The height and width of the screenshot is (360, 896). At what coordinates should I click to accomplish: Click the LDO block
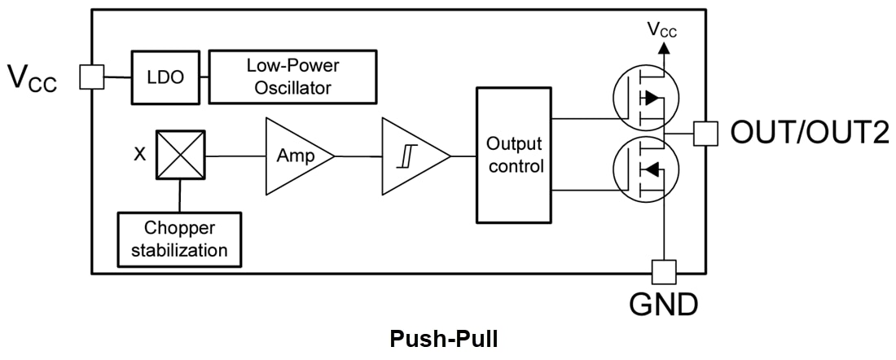(166, 77)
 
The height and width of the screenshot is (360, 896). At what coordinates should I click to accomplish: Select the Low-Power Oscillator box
(292, 77)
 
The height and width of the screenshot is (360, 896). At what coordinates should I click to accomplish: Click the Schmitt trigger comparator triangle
(411, 156)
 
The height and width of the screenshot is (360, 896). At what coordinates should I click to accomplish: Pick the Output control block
(513, 155)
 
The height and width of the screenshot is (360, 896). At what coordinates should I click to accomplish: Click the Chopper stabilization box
(180, 239)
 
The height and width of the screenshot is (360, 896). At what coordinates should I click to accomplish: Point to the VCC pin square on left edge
(90, 77)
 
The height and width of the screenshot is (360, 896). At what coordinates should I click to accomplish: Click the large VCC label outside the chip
(33, 78)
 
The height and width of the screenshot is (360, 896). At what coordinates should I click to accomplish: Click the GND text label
(663, 305)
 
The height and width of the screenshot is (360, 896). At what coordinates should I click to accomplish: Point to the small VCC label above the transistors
(662, 30)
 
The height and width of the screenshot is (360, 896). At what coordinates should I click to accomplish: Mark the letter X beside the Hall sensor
(140, 154)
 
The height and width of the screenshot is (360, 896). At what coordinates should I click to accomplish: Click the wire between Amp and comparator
(358, 156)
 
